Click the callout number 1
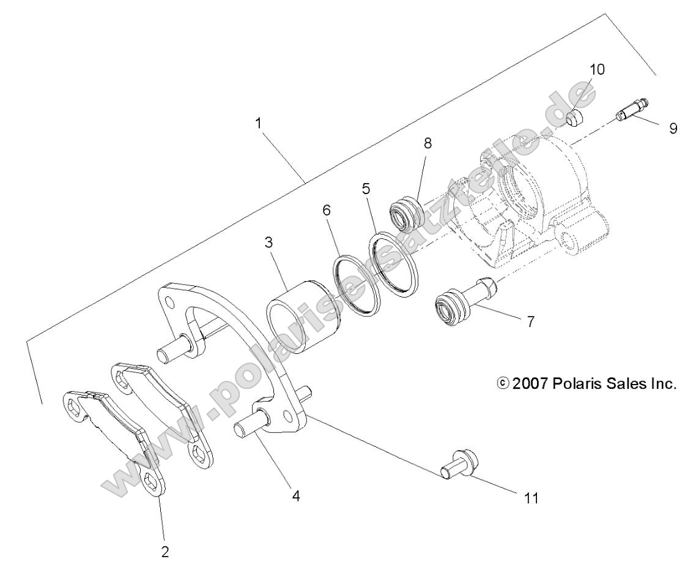259,122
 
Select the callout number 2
165,551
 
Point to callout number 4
296,496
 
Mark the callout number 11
532,498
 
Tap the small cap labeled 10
575,118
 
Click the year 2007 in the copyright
530,384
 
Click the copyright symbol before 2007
503,384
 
